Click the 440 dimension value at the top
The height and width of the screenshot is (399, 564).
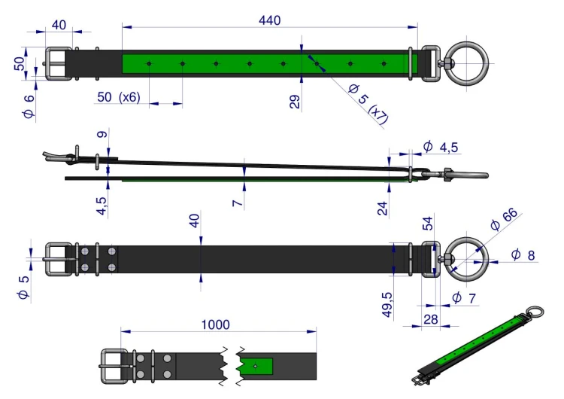pyautogui.click(x=269, y=20)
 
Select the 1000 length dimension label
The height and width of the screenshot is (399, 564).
pyautogui.click(x=215, y=324)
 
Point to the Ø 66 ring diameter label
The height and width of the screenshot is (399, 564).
pyautogui.click(x=504, y=219)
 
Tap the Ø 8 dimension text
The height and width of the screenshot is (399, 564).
pyautogui.click(x=523, y=254)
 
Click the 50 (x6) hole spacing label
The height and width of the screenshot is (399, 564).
pyautogui.click(x=118, y=97)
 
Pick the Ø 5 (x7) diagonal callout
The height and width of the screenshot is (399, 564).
pyautogui.click(x=368, y=104)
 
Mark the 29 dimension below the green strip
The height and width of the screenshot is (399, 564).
pyautogui.click(x=294, y=102)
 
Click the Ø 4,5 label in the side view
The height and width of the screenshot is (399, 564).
pyautogui.click(x=440, y=147)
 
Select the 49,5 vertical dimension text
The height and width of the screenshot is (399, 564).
pyautogui.click(x=387, y=305)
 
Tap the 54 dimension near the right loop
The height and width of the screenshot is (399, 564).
pyautogui.click(x=427, y=224)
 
